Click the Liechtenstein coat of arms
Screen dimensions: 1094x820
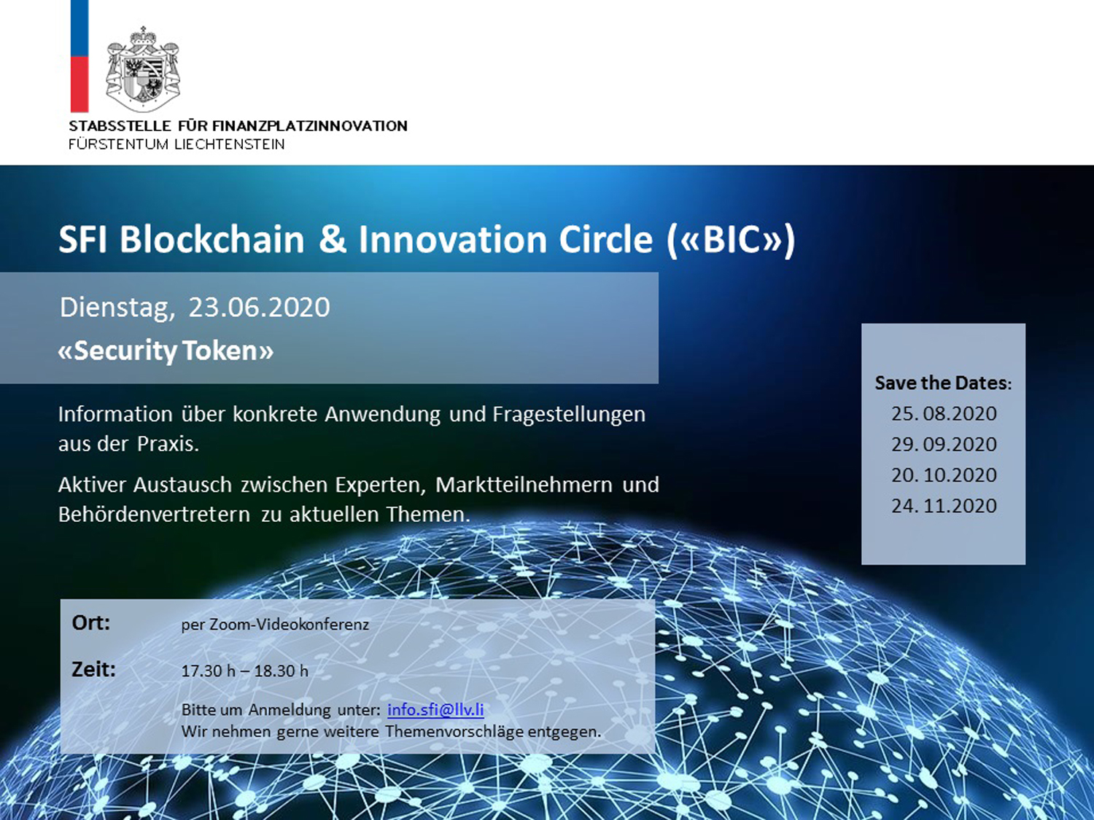tap(143, 69)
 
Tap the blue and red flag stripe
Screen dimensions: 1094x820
tap(79, 56)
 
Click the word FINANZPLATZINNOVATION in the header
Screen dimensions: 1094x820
tap(309, 126)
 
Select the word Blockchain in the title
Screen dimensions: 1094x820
tap(212, 239)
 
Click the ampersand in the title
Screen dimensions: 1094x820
tap(333, 239)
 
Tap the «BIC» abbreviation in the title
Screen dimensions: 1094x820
tap(732, 240)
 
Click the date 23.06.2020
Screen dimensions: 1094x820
tap(259, 307)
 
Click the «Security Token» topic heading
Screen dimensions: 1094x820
tap(166, 351)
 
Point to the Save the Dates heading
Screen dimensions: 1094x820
tap(943, 383)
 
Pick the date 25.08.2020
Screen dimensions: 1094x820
tap(944, 414)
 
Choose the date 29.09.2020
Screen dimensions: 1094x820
tap(944, 444)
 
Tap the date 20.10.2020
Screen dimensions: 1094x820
tap(944, 475)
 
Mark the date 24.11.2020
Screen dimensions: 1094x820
tap(944, 506)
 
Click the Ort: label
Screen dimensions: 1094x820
tap(90, 623)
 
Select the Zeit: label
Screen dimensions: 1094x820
tap(93, 669)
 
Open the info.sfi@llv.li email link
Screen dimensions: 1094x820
tap(435, 709)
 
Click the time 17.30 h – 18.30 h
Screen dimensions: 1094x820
tap(245, 671)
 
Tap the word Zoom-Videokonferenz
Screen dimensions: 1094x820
tap(289, 625)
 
